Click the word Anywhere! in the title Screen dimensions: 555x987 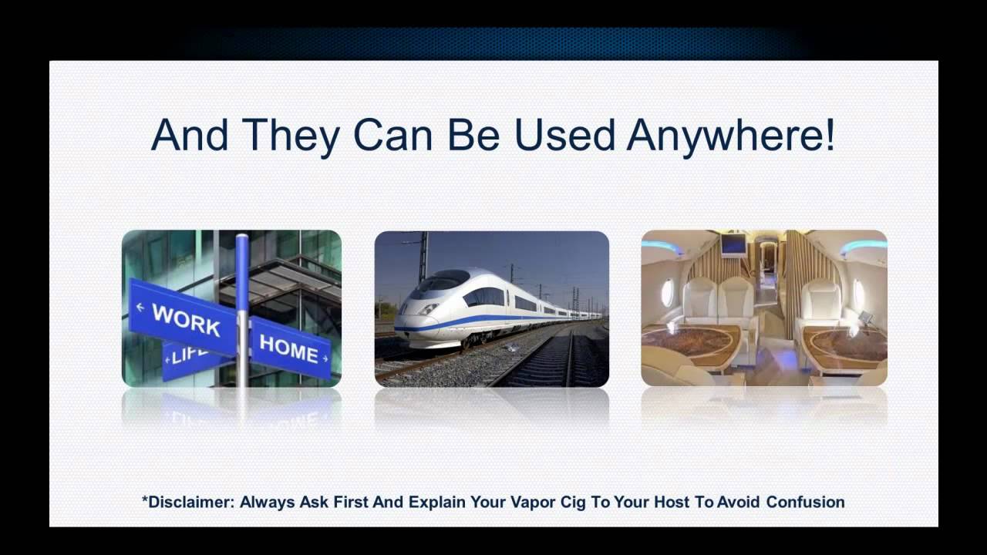(730, 136)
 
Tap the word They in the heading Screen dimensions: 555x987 (291, 136)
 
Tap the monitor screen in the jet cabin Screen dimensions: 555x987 (733, 244)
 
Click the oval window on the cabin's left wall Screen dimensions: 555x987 (667, 292)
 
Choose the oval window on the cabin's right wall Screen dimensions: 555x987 (859, 294)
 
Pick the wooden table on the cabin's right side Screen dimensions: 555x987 (844, 343)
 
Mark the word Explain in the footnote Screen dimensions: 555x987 (436, 503)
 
